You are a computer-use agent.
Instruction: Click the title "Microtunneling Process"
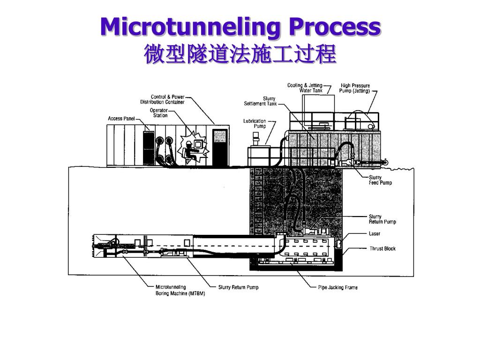click(x=240, y=27)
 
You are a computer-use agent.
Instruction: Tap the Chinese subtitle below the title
click(x=240, y=54)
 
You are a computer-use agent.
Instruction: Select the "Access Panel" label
click(x=121, y=119)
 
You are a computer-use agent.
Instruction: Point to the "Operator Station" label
click(x=158, y=113)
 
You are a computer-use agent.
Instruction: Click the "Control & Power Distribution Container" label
click(x=162, y=99)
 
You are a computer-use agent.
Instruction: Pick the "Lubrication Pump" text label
click(x=254, y=123)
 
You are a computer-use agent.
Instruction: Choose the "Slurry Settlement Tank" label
click(x=261, y=101)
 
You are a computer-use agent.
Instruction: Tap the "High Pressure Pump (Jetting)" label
click(x=355, y=88)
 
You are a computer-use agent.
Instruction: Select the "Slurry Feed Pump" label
click(x=380, y=180)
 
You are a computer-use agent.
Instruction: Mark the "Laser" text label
click(x=375, y=233)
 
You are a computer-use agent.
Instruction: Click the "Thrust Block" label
click(x=382, y=248)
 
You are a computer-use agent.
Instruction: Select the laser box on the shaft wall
click(x=338, y=244)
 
